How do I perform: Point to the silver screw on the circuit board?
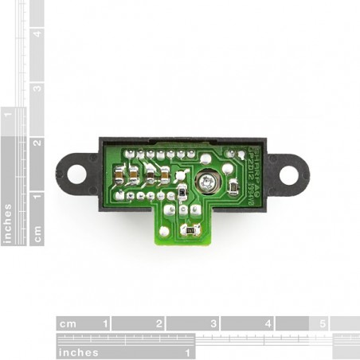(x=207, y=182)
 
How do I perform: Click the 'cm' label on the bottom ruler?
(x=66, y=324)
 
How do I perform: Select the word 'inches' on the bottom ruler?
(x=77, y=352)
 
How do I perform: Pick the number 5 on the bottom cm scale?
(x=322, y=324)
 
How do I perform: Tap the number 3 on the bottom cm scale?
(x=213, y=324)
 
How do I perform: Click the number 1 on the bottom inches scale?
(x=189, y=351)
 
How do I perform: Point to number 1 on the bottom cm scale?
(x=105, y=324)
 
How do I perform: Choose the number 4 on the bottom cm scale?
(x=268, y=324)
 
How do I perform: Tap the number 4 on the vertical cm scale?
(x=37, y=33)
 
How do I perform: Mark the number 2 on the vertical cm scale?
(x=37, y=143)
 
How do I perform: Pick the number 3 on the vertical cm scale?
(x=37, y=88)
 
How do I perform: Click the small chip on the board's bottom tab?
(x=190, y=231)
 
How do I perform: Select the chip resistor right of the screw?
(x=233, y=187)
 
